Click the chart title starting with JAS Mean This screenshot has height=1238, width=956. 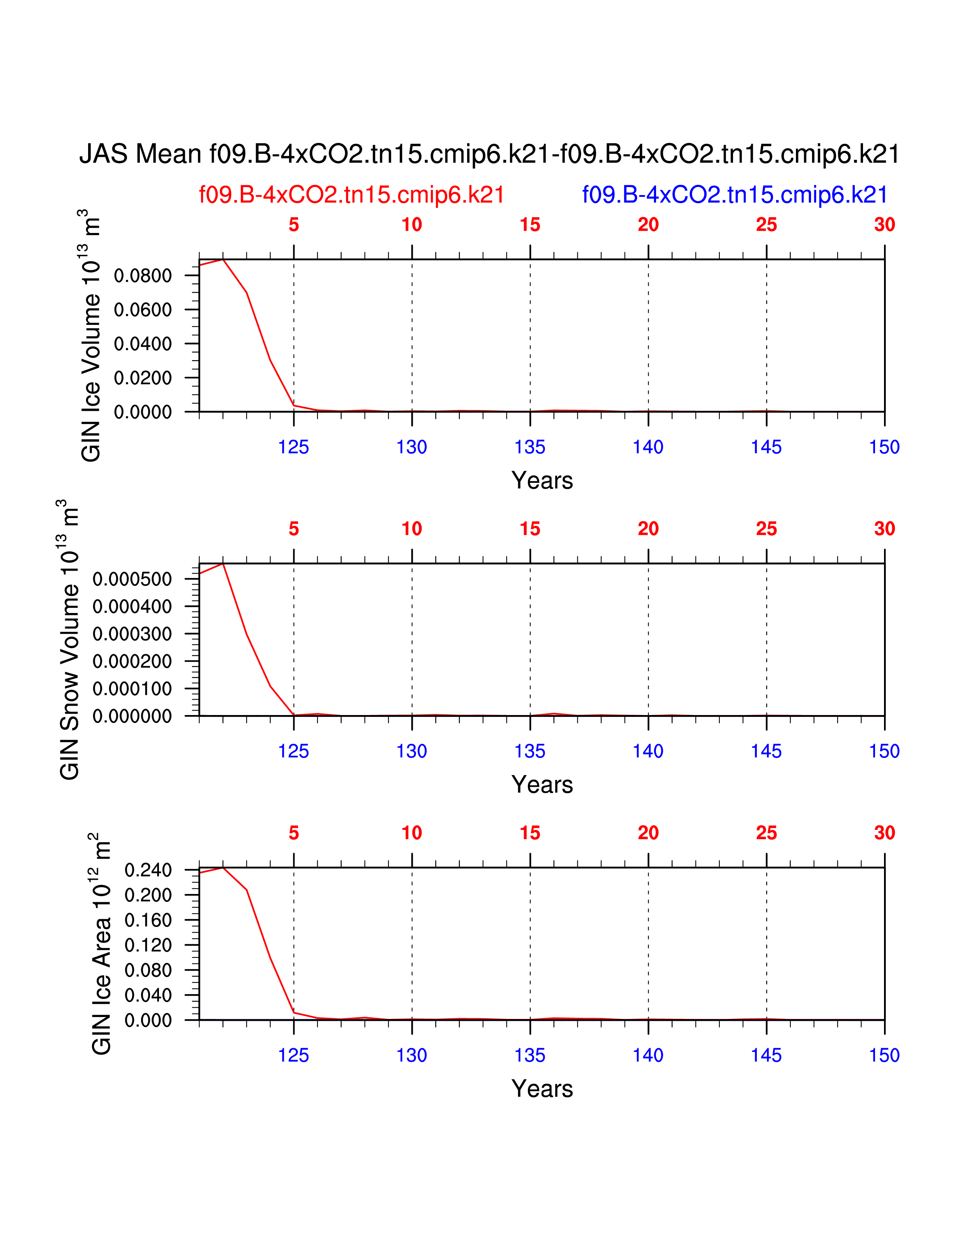pyautogui.click(x=489, y=154)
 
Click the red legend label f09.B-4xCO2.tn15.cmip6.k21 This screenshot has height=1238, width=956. pyautogui.click(x=351, y=195)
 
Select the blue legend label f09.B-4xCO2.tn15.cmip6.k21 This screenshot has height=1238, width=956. pyautogui.click(x=734, y=195)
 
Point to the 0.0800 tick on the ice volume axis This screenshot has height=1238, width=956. pyautogui.click(x=143, y=276)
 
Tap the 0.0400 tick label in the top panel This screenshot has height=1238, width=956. pyautogui.click(x=143, y=344)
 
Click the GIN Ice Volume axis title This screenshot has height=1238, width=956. pyautogui.click(x=91, y=336)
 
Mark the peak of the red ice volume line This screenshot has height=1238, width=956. pyautogui.click(x=223, y=260)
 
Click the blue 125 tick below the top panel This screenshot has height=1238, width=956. pyautogui.click(x=294, y=447)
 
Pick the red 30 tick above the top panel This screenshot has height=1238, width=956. pyautogui.click(x=884, y=225)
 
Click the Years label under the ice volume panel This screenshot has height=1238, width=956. pyautogui.click(x=542, y=481)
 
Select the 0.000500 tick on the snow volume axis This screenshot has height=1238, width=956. pyautogui.click(x=132, y=579)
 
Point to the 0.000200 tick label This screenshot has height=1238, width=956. pyautogui.click(x=132, y=661)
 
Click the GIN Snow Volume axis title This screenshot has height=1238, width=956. pyautogui.click(x=69, y=639)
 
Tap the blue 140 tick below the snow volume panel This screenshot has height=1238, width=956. pyautogui.click(x=648, y=752)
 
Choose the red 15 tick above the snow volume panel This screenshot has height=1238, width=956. pyautogui.click(x=530, y=529)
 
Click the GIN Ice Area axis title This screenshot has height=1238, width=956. pyautogui.click(x=101, y=944)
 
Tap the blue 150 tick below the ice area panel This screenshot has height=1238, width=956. pyautogui.click(x=884, y=1055)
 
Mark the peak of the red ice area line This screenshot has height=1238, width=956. pyautogui.click(x=223, y=868)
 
